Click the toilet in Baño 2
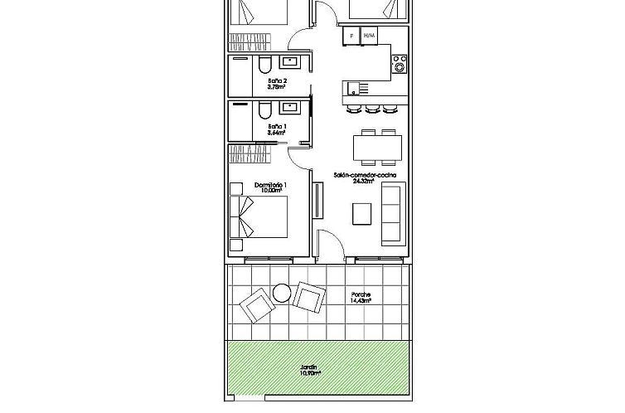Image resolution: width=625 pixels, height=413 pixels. tap(263, 65)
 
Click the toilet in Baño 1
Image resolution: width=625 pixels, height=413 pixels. tap(263, 110)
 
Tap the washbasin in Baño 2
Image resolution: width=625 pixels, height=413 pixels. tap(292, 61)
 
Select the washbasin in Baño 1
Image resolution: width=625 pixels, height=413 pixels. tap(292, 107)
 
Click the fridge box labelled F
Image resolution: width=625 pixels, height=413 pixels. tap(351, 36)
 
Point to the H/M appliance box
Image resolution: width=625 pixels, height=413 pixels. tap(370, 36)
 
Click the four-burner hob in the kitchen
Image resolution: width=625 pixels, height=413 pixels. tap(400, 63)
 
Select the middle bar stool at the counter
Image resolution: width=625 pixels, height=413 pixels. tap(371, 108)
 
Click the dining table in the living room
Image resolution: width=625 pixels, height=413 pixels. tap(377, 148)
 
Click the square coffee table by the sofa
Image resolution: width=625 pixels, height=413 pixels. tap(362, 214)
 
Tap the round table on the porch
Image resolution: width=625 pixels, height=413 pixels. tap(281, 291)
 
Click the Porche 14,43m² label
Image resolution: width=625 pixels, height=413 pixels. tap(361, 298)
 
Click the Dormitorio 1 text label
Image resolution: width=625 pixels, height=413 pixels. tap(270, 185)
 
